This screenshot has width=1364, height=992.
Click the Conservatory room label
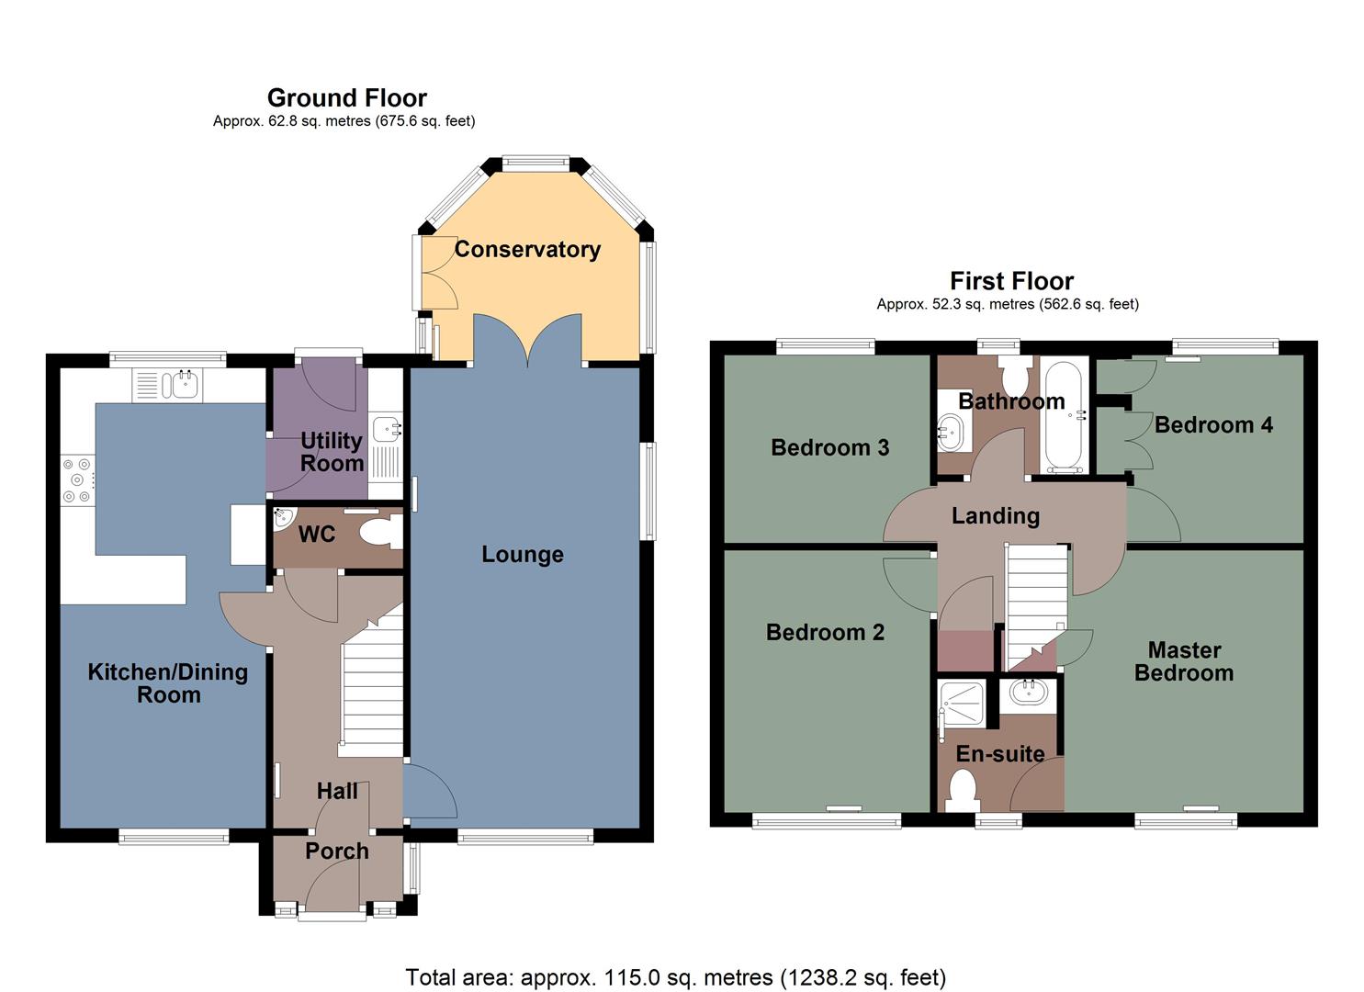(527, 249)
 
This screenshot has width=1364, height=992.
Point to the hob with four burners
(77, 480)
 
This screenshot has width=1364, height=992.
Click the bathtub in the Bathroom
(1064, 416)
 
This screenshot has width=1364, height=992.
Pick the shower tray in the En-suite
(962, 705)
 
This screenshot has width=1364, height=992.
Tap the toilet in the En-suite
(962, 788)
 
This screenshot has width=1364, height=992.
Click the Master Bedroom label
(1183, 661)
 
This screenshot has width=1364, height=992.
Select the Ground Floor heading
(346, 97)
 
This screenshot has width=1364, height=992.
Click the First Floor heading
(1010, 280)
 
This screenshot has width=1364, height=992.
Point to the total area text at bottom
(675, 976)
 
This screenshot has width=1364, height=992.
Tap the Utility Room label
(332, 452)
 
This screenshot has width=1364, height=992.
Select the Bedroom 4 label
(1212, 424)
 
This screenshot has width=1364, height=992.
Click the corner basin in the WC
(283, 519)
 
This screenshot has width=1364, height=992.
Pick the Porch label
(337, 851)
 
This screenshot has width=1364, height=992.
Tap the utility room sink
(388, 427)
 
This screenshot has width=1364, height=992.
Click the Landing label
(995, 516)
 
